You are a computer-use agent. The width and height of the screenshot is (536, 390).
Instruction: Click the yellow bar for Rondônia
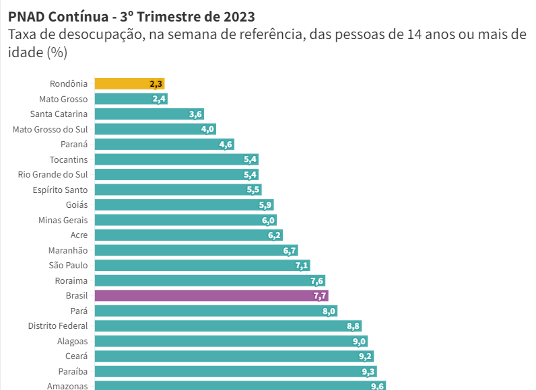(x=129, y=84)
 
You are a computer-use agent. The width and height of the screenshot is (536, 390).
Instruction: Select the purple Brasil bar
(x=211, y=296)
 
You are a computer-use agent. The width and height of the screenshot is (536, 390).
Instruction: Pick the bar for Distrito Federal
(x=228, y=326)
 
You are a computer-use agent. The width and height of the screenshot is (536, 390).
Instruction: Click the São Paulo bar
(x=202, y=266)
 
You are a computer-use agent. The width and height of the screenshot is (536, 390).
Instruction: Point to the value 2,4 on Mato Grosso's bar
(x=159, y=100)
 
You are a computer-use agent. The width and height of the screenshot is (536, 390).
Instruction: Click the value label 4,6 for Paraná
(x=226, y=145)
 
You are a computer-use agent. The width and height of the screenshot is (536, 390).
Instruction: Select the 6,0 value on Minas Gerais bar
(x=268, y=221)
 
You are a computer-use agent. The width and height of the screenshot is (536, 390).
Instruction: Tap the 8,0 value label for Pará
(x=329, y=311)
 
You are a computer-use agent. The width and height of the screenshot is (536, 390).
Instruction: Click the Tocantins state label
(x=68, y=159)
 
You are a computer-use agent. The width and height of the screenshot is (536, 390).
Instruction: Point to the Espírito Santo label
(x=60, y=190)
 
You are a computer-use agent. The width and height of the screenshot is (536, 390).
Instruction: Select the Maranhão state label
(x=68, y=250)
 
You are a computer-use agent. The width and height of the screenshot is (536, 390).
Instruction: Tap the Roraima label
(x=71, y=280)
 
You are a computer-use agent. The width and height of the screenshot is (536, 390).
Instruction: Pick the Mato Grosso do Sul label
(x=50, y=129)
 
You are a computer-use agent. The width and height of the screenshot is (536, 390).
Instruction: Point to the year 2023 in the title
(x=238, y=15)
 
